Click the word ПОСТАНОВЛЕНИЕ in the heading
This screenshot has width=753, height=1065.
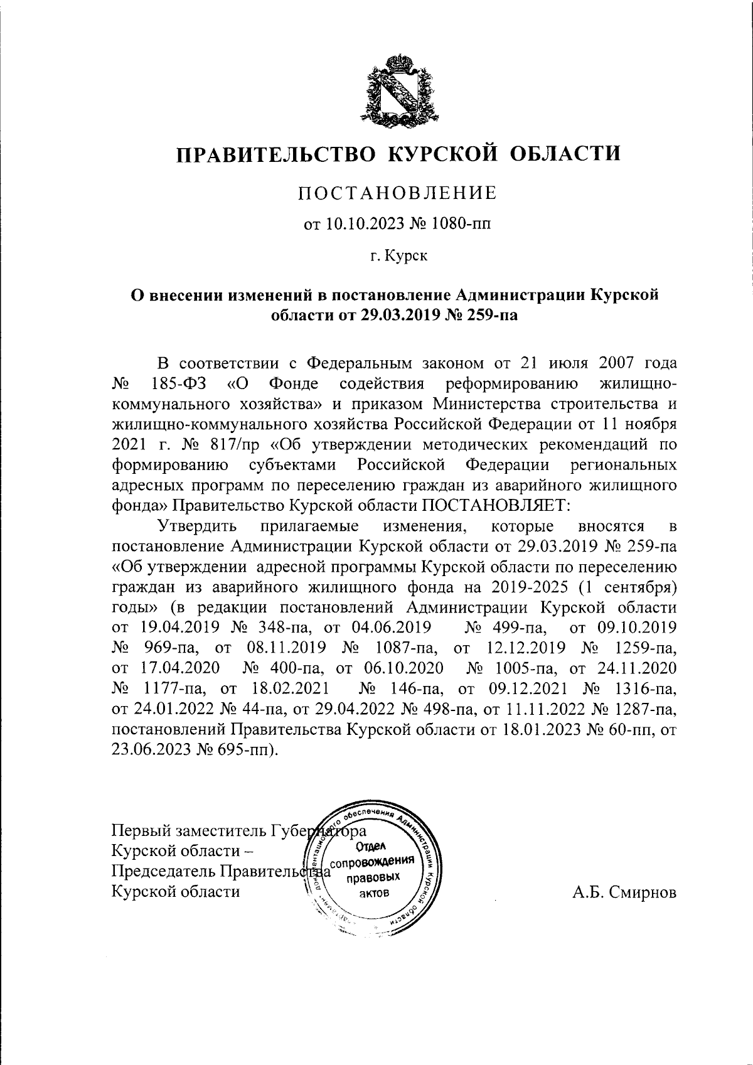[x=397, y=193]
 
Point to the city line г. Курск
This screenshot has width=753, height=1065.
[x=397, y=257]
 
